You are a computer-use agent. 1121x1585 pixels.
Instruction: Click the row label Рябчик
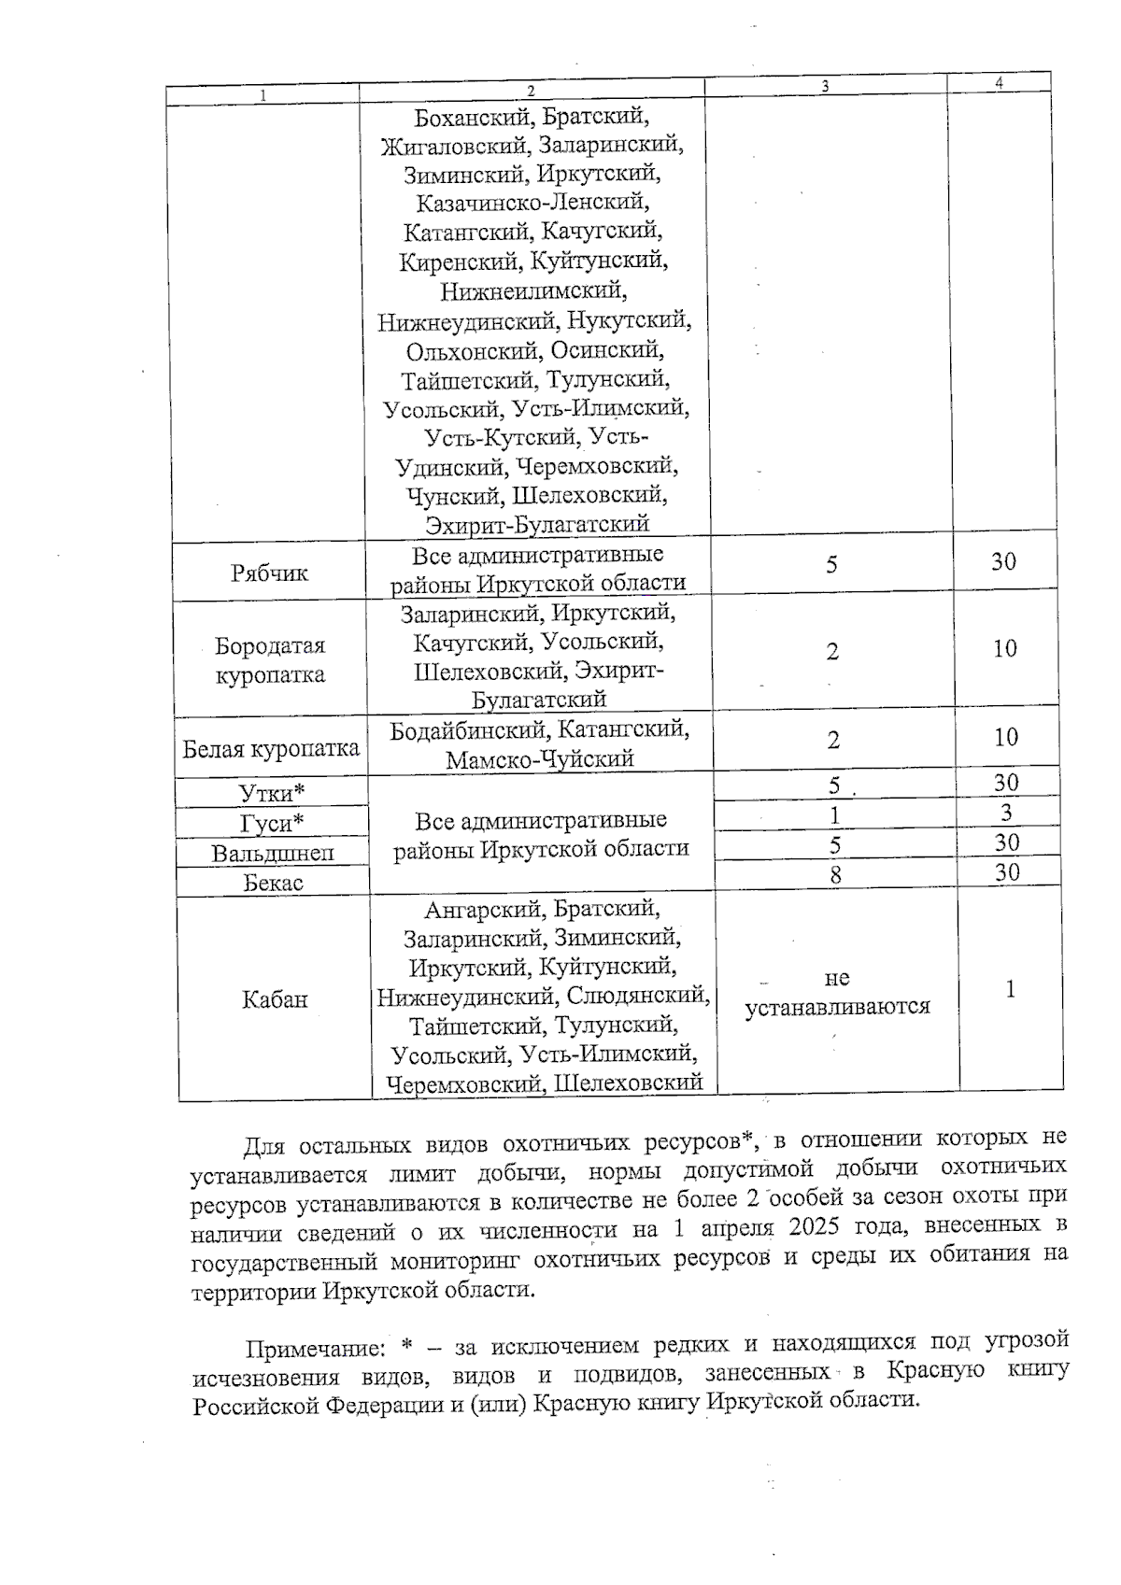coord(269,573)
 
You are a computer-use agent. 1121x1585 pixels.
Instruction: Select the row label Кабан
coord(274,999)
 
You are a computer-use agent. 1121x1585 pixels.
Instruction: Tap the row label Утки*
coord(272,793)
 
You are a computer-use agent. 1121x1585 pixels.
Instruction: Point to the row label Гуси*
coord(272,823)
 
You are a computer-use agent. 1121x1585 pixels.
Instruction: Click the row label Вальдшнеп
coord(272,853)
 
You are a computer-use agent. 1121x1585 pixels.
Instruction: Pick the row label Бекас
coord(273,883)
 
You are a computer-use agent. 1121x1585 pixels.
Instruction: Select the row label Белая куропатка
coord(271,749)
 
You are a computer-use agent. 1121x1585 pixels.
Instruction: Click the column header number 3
coord(825,85)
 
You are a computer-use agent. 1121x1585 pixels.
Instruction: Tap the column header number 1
coord(263,94)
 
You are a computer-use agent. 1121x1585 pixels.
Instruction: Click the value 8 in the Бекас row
coord(835,874)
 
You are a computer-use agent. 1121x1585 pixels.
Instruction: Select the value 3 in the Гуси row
coord(1006,813)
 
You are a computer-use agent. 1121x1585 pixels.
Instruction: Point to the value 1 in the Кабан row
coord(1010,989)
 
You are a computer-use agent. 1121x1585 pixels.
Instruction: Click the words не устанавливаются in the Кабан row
coord(837,992)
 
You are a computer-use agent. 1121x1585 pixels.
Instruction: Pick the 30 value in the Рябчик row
coord(1003,561)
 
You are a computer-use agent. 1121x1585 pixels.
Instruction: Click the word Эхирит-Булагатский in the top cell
coord(537,524)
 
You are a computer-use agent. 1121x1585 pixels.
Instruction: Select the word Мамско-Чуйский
coord(539,759)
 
